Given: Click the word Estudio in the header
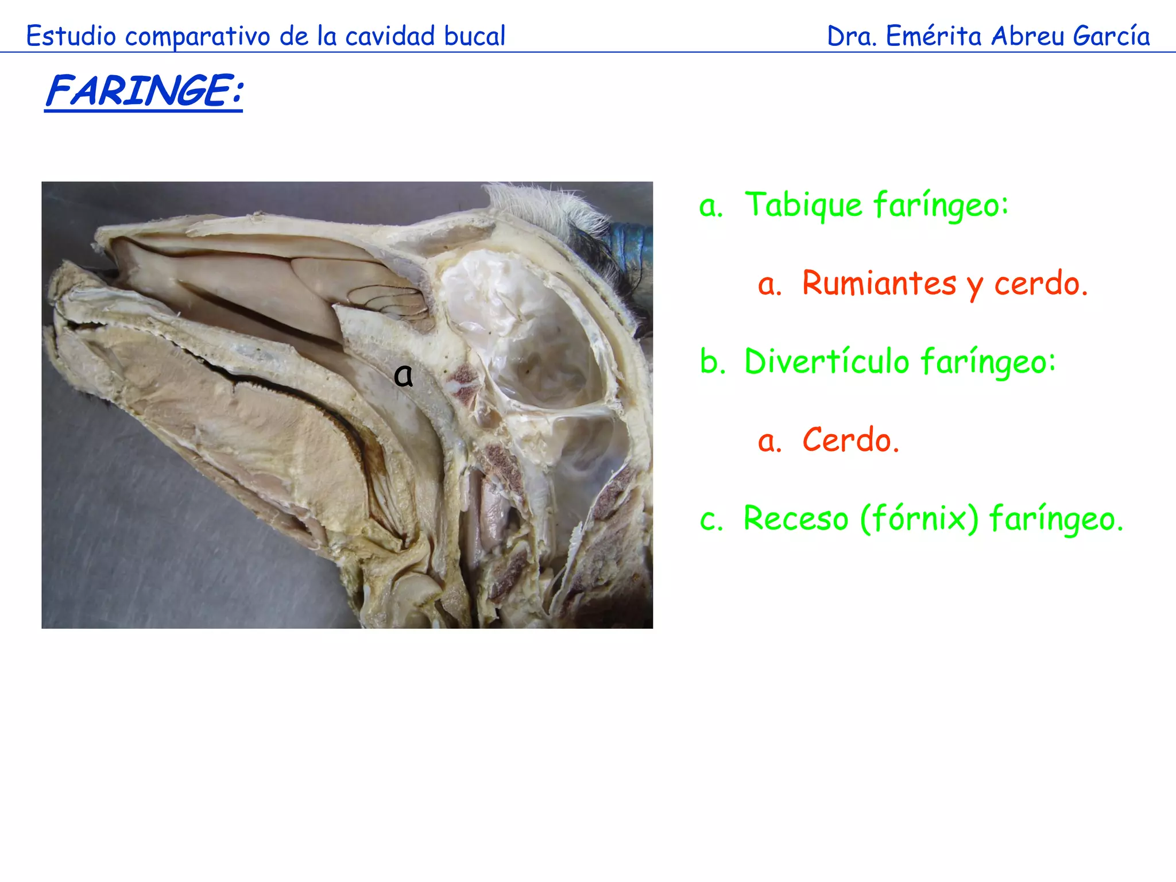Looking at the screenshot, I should click(71, 36).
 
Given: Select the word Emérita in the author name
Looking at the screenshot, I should click(934, 36).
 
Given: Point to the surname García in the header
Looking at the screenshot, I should click(1111, 36).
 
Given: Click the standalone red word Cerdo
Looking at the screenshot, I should click(850, 440).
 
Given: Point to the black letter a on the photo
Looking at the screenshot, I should click(404, 376).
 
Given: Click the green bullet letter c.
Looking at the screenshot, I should click(711, 520).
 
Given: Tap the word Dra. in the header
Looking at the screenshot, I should click(852, 36).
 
